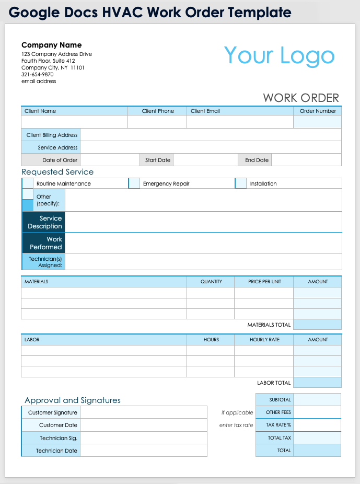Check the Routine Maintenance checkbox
[x=28, y=183]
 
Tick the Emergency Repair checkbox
[x=134, y=183]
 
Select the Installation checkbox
[x=241, y=183]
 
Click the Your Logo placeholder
[x=279, y=56]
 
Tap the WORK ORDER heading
[x=301, y=98]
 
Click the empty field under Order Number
[x=317, y=122]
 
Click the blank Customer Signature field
[x=143, y=412]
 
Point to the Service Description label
[x=45, y=222]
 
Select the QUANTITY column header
[x=211, y=282]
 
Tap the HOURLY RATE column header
[x=264, y=340]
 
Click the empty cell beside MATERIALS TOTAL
[x=317, y=325]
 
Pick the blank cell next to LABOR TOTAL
[x=317, y=383]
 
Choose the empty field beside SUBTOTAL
[x=317, y=400]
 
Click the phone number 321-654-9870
[x=38, y=74]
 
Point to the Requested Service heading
[x=57, y=172]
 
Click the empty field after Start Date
[x=205, y=160]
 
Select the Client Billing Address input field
[x=211, y=135]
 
